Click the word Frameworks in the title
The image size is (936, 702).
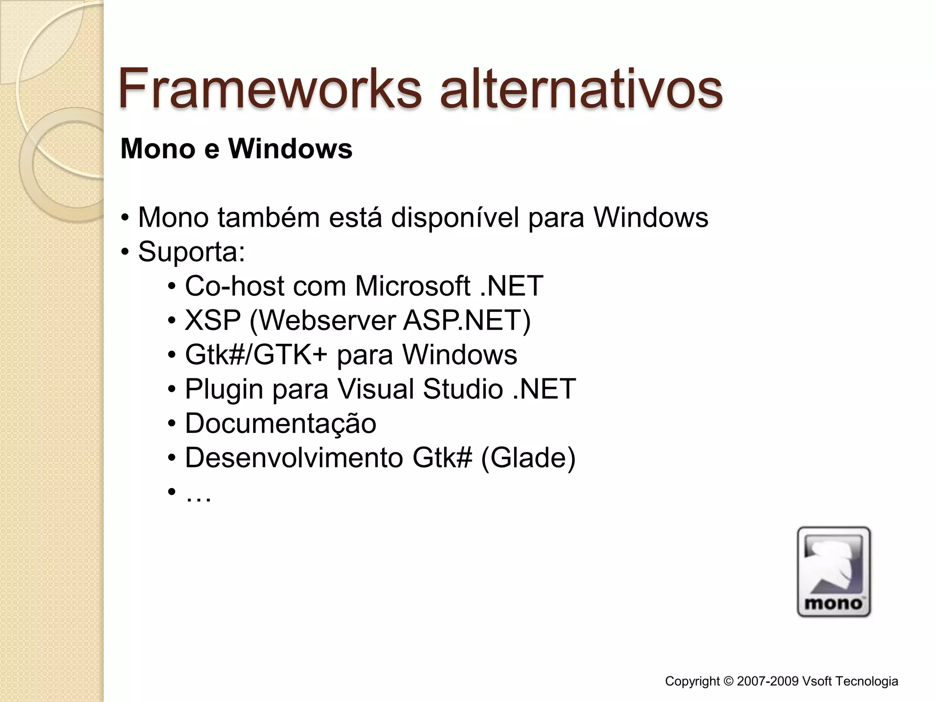tap(270, 88)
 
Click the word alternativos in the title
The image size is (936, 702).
tap(581, 88)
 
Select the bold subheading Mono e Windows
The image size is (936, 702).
tap(236, 149)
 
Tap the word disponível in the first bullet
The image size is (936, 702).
tap(455, 217)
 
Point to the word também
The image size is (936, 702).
tap(269, 217)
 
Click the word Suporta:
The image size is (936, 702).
tap(191, 251)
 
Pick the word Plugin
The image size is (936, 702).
tap(224, 389)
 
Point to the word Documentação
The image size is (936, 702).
tap(281, 423)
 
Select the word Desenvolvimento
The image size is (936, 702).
tap(293, 457)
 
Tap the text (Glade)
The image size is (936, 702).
tap(528, 457)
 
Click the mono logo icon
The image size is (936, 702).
tap(834, 572)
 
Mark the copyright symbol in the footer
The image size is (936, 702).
tap(729, 681)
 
